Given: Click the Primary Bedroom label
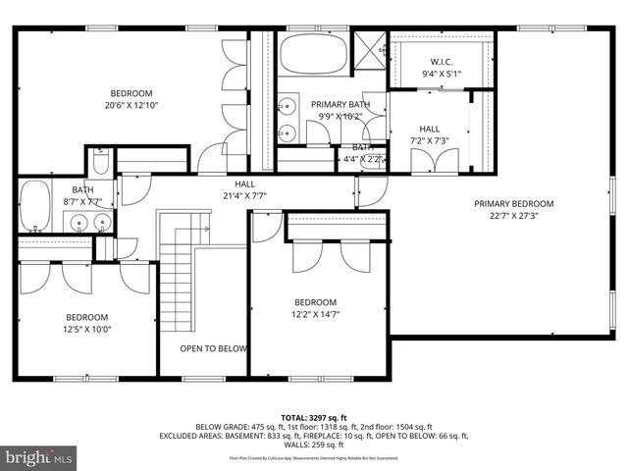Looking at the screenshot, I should pos(513,204).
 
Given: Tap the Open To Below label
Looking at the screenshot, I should pos(213,348).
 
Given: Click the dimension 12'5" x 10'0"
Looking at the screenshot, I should pos(87,331).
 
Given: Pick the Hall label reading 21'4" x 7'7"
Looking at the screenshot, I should pos(244,195).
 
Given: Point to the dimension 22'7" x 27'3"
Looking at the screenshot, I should pos(513,217).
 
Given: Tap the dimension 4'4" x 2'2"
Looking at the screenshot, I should pos(359,159).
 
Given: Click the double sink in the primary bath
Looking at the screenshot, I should pos(288,117).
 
